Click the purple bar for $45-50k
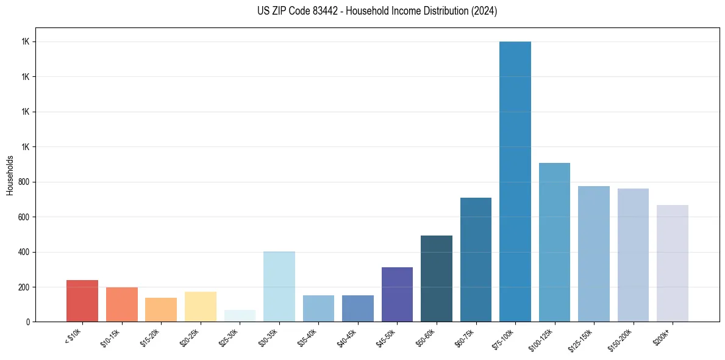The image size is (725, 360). [x=397, y=294]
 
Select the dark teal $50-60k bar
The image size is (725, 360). [x=437, y=278]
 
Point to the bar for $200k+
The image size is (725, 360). [x=673, y=263]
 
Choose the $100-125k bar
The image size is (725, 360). [x=554, y=242]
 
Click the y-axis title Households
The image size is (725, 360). [x=10, y=175]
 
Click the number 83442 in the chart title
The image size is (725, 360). [x=341, y=11]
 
